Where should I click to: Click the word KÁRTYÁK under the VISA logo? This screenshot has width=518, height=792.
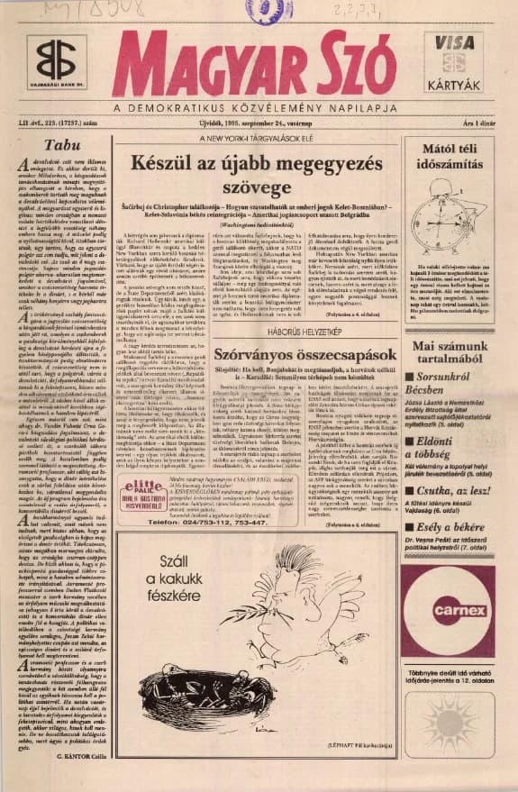tap(459, 88)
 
